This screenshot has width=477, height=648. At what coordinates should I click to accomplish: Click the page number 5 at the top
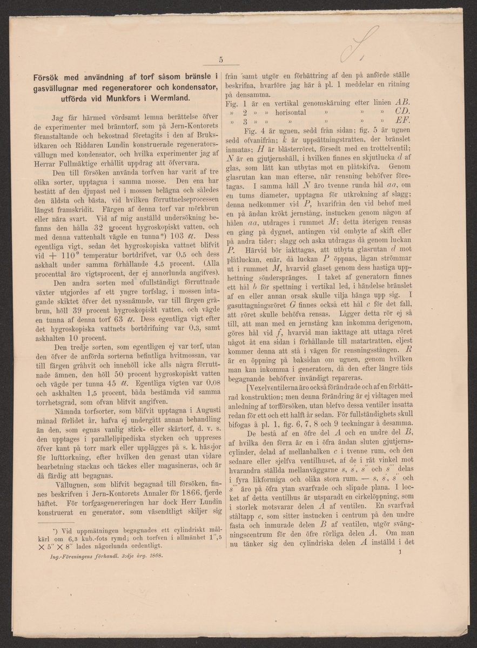click(221, 60)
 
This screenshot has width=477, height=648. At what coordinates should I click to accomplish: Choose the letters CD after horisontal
click(402, 112)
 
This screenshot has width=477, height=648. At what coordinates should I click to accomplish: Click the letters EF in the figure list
click(402, 122)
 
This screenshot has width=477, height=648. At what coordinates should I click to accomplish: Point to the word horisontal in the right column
click(291, 112)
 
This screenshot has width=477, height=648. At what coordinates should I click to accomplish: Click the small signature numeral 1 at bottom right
click(399, 552)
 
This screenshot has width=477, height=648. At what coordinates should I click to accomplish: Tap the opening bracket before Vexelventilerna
click(247, 387)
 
